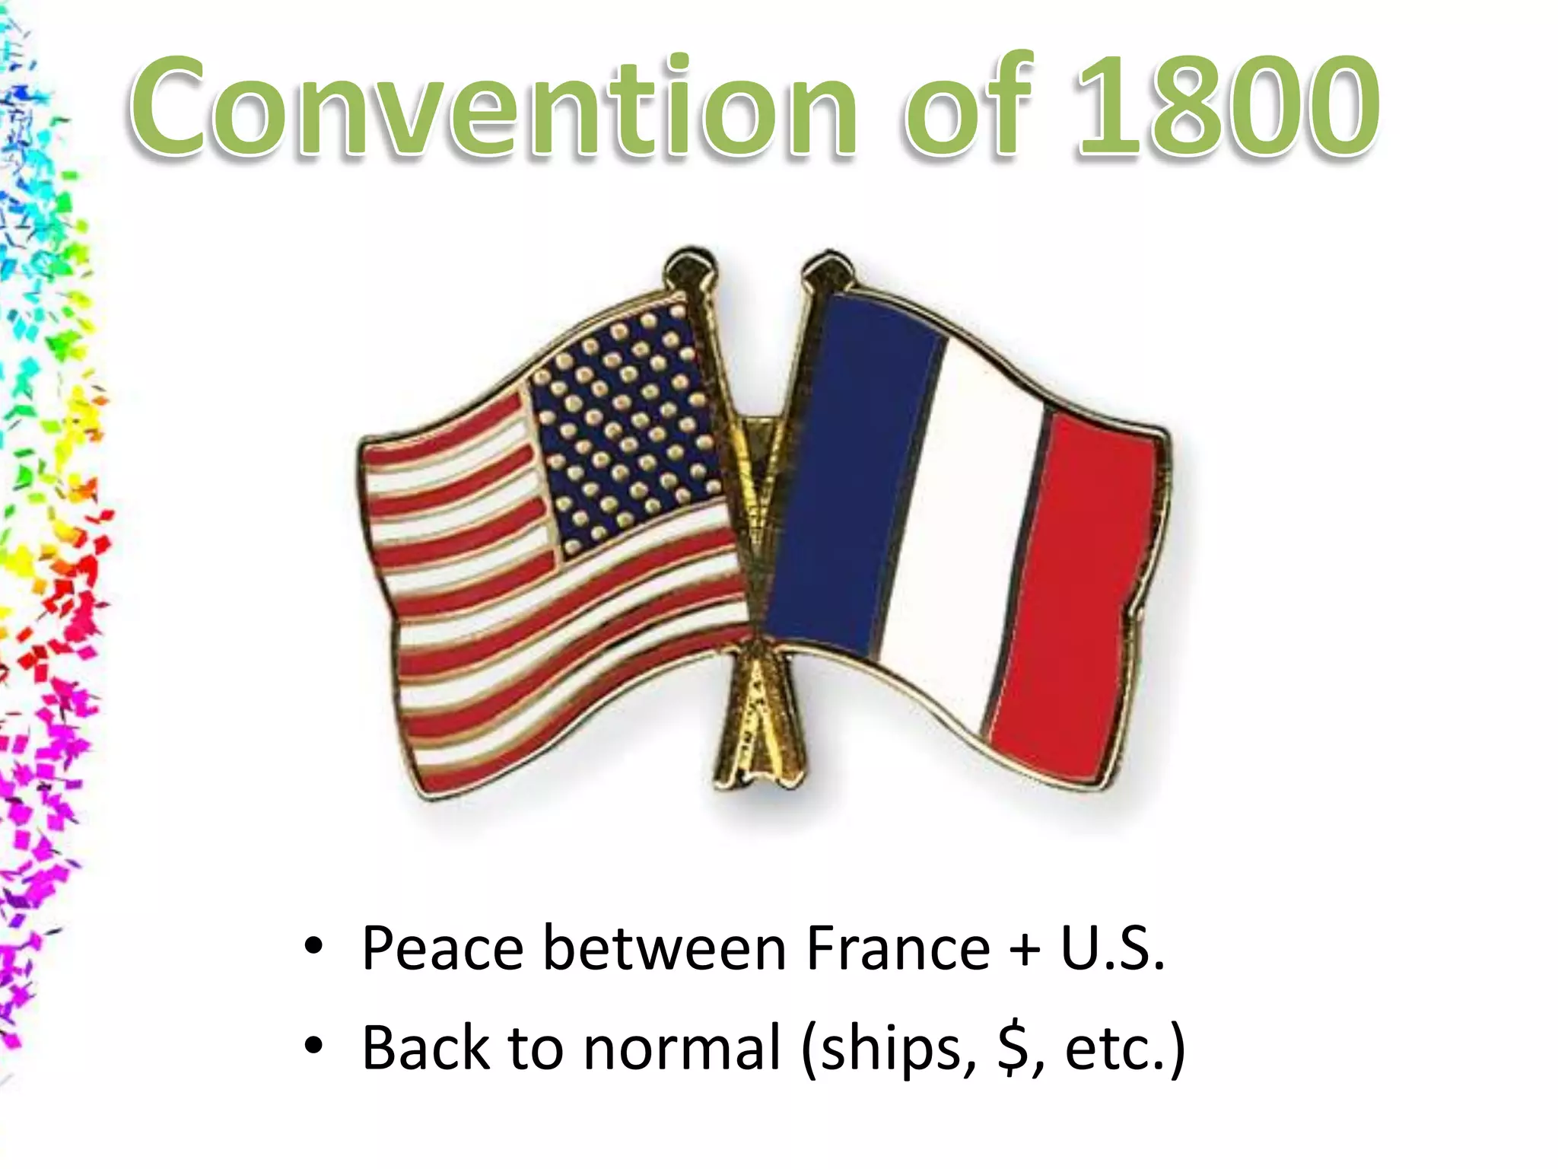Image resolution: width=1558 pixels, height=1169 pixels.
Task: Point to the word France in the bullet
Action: (898, 949)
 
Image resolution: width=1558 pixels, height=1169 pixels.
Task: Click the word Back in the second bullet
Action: (426, 1048)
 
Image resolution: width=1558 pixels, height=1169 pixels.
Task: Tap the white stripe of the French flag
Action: (966, 533)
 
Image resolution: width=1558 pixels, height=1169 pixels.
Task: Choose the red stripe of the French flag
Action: (1080, 594)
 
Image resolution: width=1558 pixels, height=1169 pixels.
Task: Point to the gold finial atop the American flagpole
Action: (691, 266)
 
